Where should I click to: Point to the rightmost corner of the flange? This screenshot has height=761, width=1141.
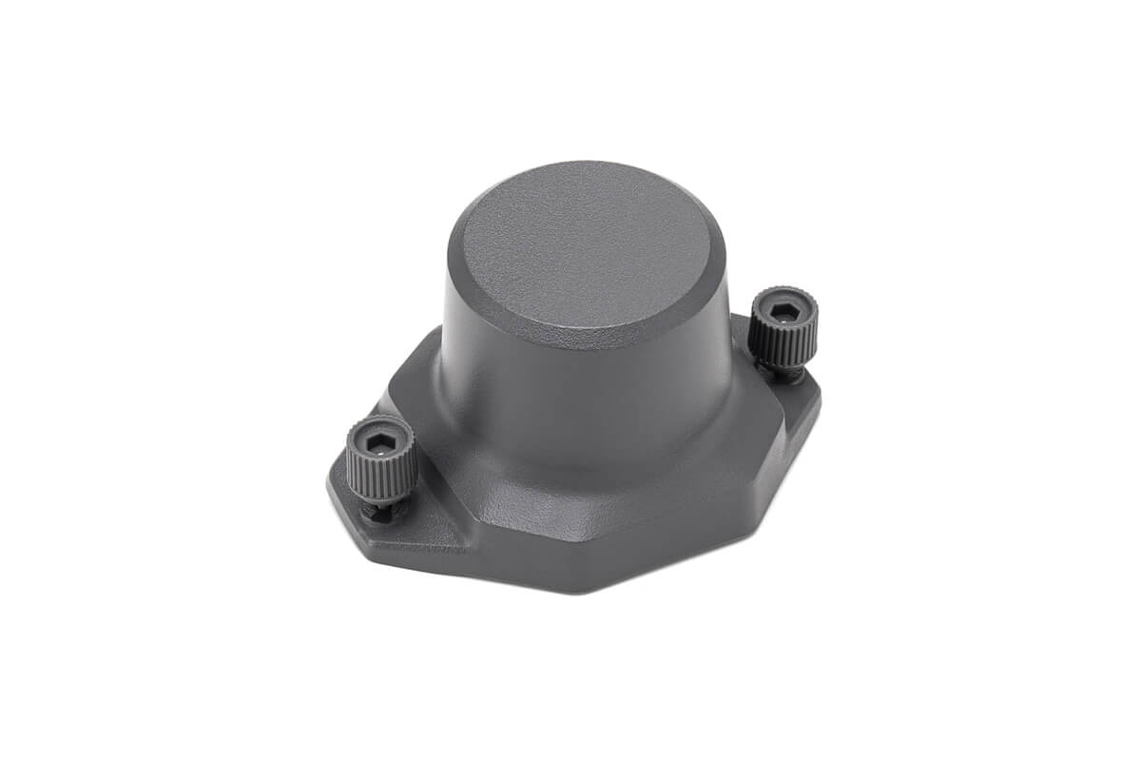coord(820,395)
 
